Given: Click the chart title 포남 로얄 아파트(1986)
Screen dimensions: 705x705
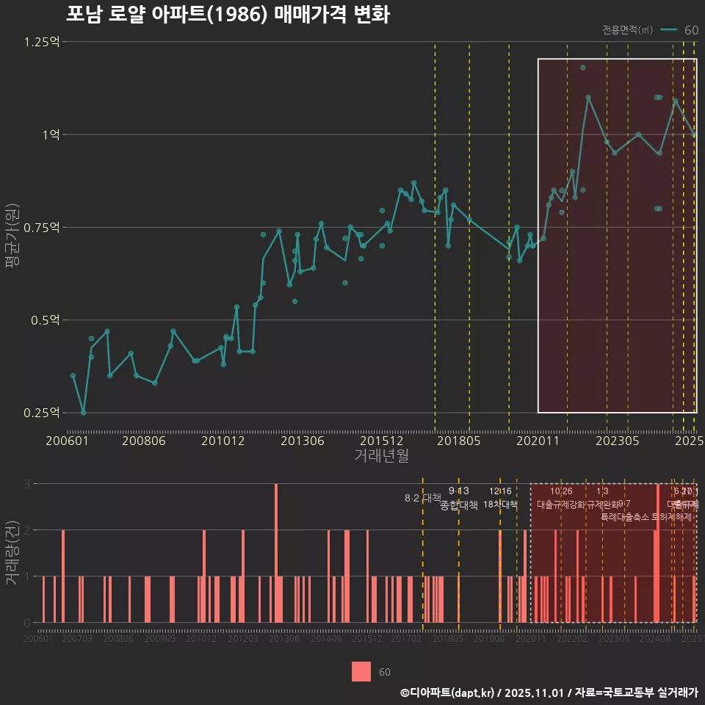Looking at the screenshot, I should pyautogui.click(x=228, y=15).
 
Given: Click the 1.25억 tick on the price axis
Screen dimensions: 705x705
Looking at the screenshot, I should pyautogui.click(x=42, y=42).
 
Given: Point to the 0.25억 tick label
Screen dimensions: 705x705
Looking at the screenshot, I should pyautogui.click(x=42, y=413).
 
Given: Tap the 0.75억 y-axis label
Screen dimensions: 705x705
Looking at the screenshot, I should pyautogui.click(x=42, y=228).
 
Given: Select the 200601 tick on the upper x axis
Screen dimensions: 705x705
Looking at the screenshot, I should pyautogui.click(x=67, y=441).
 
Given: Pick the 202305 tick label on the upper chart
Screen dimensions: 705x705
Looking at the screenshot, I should pyautogui.click(x=616, y=441).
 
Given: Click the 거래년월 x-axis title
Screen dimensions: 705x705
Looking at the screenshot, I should pyautogui.click(x=381, y=456).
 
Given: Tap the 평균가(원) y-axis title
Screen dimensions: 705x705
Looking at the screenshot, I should pyautogui.click(x=12, y=228).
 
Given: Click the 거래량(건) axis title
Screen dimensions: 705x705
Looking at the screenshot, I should pyautogui.click(x=12, y=552).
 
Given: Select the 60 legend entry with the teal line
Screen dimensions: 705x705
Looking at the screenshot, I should pyautogui.click(x=679, y=30).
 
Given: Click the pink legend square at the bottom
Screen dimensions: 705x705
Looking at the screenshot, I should pyautogui.click(x=361, y=671).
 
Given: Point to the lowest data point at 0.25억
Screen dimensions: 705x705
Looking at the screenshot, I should pyautogui.click(x=83, y=413).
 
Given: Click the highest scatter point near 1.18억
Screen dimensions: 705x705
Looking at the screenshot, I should pyautogui.click(x=583, y=68).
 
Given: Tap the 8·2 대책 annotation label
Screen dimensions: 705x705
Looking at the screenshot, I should pyautogui.click(x=422, y=498).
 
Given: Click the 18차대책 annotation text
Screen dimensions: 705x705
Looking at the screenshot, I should pyautogui.click(x=501, y=505).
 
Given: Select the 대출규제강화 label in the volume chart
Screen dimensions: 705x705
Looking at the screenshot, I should pyautogui.click(x=561, y=505).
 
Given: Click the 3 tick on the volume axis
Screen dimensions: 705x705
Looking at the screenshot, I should pyautogui.click(x=26, y=484).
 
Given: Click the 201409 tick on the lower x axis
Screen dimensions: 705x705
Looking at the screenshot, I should pyautogui.click(x=325, y=640).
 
